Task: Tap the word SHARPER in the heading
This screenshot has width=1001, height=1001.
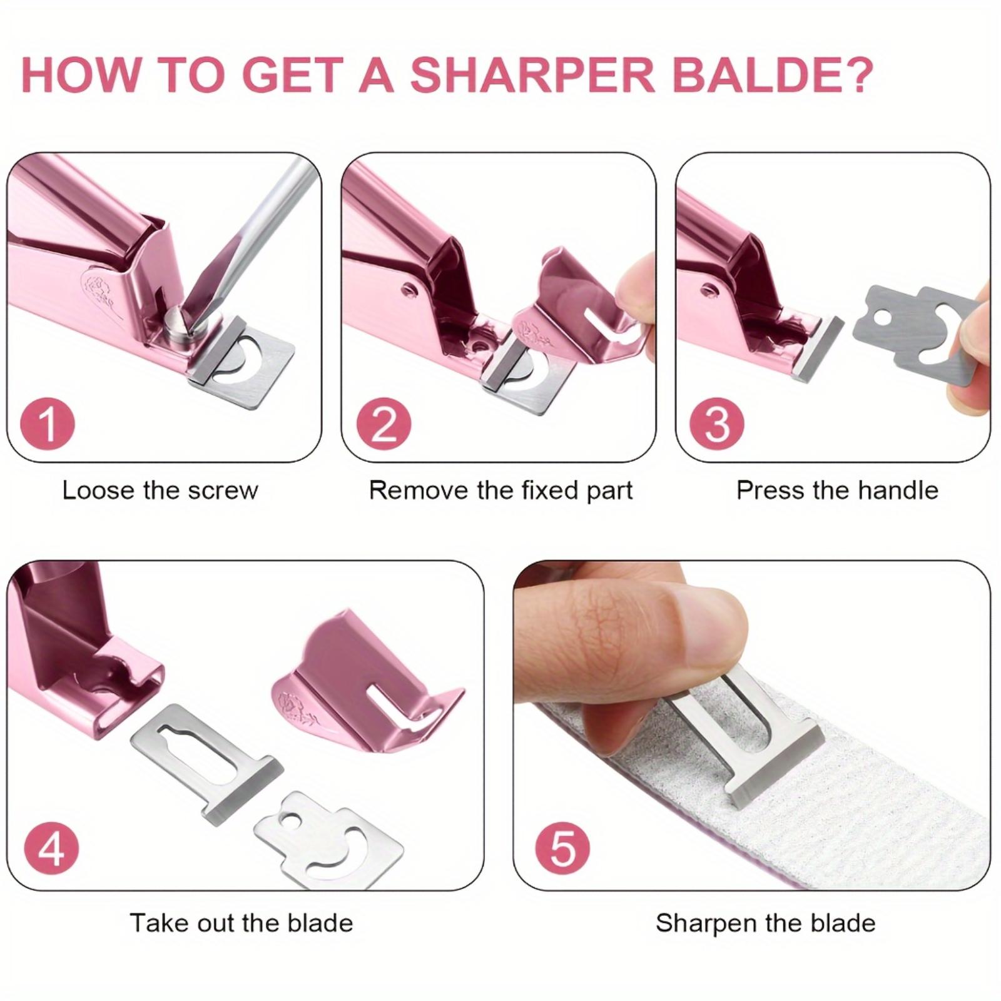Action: pyautogui.click(x=532, y=74)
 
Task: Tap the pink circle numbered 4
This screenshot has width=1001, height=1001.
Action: pyautogui.click(x=51, y=848)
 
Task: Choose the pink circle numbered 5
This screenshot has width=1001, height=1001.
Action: pyautogui.click(x=563, y=848)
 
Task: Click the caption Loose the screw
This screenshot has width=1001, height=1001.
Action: pyautogui.click(x=160, y=490)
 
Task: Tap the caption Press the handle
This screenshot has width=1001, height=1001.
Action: pyautogui.click(x=837, y=490)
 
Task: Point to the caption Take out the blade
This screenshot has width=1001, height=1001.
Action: pyautogui.click(x=241, y=923)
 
